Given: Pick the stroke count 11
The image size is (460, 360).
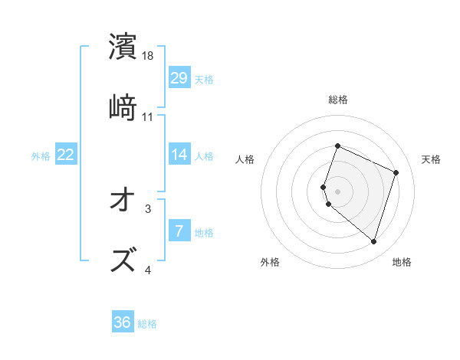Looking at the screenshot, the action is point(149,116).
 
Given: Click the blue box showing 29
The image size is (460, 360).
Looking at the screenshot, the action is point(179,77).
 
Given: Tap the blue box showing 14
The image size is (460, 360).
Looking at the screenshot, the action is point(179,155).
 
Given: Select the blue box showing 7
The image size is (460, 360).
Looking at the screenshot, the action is point(179,231).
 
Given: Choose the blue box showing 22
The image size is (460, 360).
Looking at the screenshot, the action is point(66,155).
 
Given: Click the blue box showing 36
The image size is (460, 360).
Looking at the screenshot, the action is point(123,322).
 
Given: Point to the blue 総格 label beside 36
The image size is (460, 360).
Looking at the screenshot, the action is point(147,324).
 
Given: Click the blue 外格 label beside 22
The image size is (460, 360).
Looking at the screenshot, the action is point(41,156).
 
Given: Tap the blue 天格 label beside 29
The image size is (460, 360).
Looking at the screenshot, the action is point(204,79).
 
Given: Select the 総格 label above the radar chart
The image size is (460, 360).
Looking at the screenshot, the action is point(338,100).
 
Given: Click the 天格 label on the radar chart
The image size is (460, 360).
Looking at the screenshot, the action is point(432,159).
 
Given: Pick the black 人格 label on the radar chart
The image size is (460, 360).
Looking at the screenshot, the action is point(245,159).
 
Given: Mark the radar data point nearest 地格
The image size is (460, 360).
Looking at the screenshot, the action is point(373,241).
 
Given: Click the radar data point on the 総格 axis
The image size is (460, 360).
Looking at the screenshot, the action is point(337,146).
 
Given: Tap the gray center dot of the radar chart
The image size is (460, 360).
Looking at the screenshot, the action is point(337,191).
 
